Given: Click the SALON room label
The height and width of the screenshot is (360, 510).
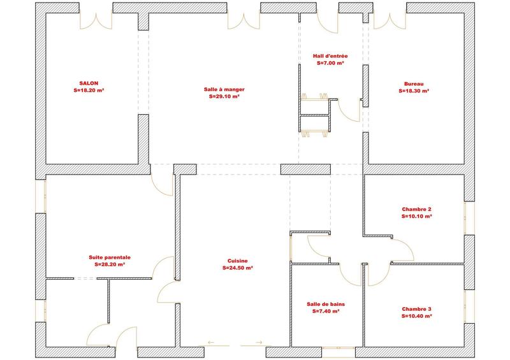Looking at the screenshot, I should click(x=89, y=83).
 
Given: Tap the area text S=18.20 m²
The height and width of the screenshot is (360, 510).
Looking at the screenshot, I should click(x=89, y=91).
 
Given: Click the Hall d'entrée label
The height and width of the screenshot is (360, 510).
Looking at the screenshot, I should click(x=330, y=56).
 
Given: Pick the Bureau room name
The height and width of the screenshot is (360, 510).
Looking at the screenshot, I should click(x=414, y=83).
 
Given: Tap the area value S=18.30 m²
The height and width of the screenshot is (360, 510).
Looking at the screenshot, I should click(x=414, y=91).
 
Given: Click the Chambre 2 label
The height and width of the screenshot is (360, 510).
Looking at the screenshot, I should click(x=417, y=209).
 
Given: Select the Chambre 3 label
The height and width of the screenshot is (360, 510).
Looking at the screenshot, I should click(x=417, y=308).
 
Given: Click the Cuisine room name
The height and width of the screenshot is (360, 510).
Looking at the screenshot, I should click(x=237, y=261).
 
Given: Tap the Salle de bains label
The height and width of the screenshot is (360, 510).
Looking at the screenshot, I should click(x=325, y=304).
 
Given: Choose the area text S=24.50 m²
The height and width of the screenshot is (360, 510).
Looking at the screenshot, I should click(x=237, y=268).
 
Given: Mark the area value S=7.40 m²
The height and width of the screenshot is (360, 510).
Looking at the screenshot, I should click(x=325, y=312).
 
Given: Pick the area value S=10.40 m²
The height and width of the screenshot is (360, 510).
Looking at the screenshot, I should click(x=417, y=316).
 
